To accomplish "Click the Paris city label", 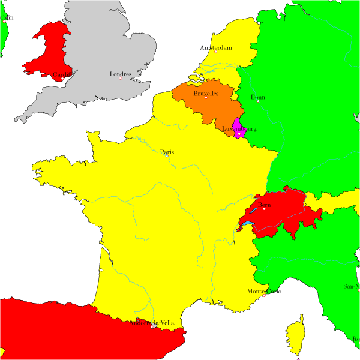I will (x=167, y=152).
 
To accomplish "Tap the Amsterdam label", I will (x=215, y=48).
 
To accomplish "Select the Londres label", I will (x=121, y=74).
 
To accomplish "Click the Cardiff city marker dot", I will (x=62, y=79).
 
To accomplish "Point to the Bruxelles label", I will (x=206, y=94).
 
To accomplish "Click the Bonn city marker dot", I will (x=258, y=101).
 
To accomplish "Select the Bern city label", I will (x=265, y=205).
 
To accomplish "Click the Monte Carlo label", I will (x=264, y=292).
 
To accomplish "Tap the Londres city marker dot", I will (x=121, y=79).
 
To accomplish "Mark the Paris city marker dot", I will (x=167, y=156).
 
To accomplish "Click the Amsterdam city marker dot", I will (x=216, y=52).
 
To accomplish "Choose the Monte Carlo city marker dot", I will (x=264, y=295).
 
